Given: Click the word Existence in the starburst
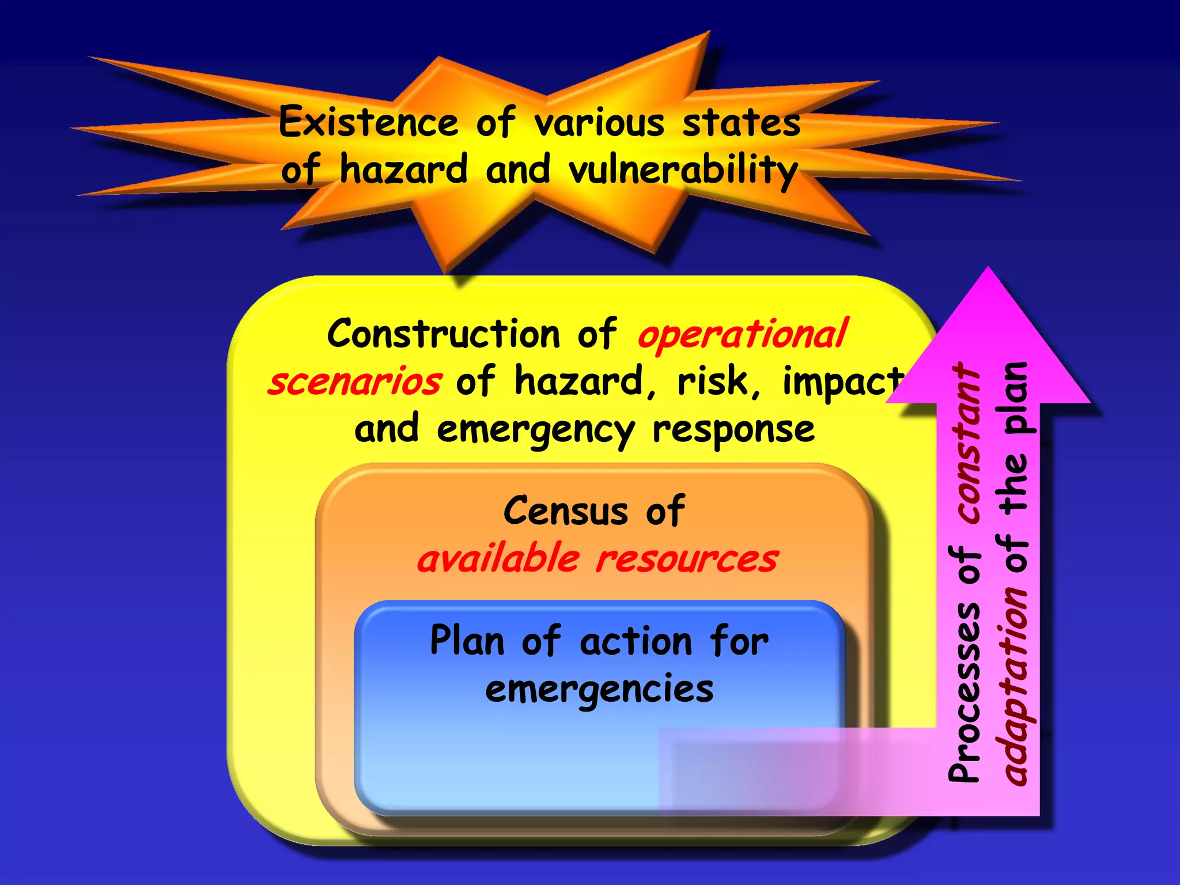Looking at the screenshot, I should click(x=369, y=122).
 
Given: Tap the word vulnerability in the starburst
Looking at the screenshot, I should click(x=683, y=171).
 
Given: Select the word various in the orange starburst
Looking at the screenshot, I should click(x=599, y=123).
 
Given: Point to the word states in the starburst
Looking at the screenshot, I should click(x=742, y=123).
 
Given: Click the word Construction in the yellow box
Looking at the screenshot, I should click(x=444, y=334).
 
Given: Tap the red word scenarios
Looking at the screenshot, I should click(x=355, y=381).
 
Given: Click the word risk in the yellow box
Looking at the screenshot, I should click(x=718, y=381).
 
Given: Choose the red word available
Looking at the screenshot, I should click(x=498, y=559).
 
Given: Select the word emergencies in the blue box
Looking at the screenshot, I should click(x=599, y=689).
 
